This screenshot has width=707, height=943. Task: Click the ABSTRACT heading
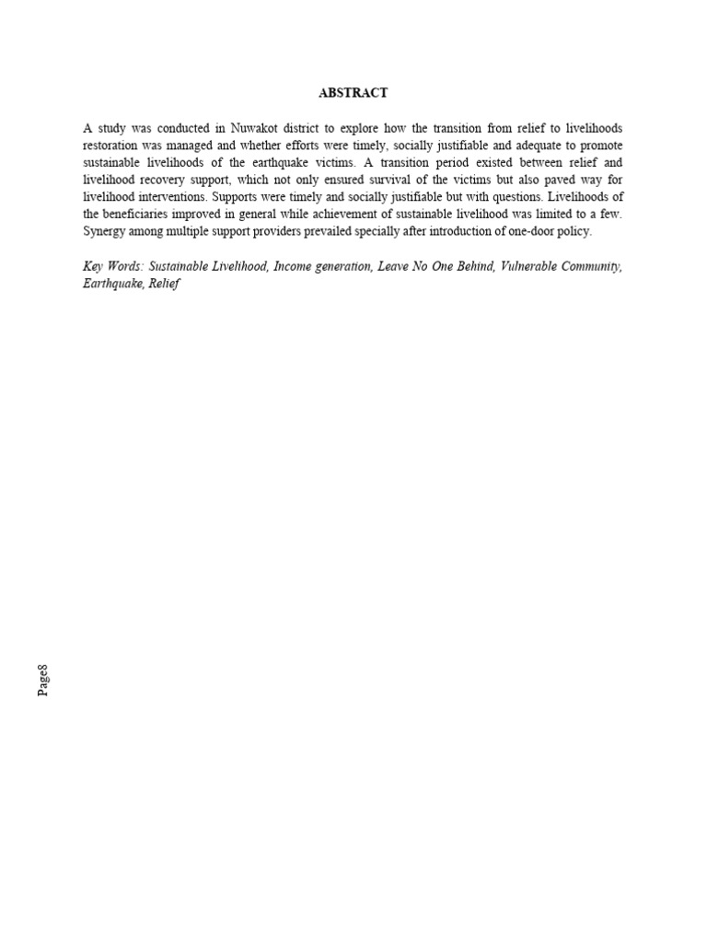pyautogui.click(x=353, y=93)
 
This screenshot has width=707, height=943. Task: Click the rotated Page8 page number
pyautogui.click(x=43, y=680)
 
